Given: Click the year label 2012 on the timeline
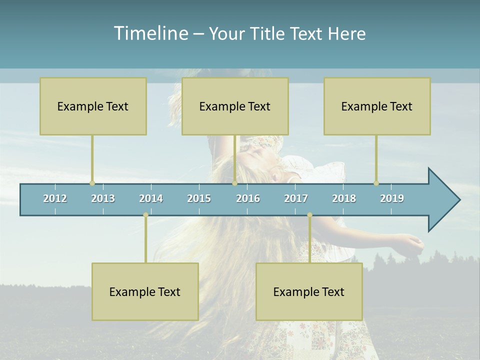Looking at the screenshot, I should [55, 198].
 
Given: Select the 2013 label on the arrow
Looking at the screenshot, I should [103, 198].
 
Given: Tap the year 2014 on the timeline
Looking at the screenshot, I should [151, 198].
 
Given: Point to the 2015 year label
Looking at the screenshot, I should [199, 198].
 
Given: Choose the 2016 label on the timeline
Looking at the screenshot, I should [248, 198].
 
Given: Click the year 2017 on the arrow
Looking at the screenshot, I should [296, 198].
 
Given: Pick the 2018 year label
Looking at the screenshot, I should [344, 198].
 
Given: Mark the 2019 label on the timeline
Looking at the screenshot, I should [392, 198].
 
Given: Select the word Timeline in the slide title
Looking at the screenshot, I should [150, 33].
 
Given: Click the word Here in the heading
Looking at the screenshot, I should [346, 33].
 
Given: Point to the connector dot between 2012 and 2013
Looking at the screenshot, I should [92, 183].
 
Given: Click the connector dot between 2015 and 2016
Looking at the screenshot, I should [234, 183].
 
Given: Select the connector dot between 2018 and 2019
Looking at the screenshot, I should [376, 183].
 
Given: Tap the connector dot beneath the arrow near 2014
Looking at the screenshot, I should [145, 215].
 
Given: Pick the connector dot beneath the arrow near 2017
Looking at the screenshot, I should [309, 215].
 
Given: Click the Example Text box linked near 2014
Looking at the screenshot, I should [145, 291].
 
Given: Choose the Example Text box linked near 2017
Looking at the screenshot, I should [309, 291].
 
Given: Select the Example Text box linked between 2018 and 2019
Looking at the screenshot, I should [377, 106].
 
